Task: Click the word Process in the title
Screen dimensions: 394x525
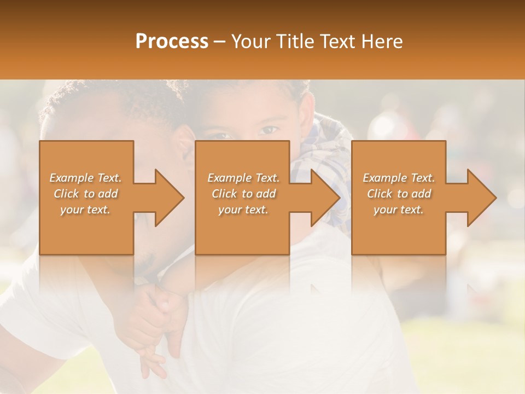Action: [172, 42]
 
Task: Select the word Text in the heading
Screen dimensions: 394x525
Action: [337, 42]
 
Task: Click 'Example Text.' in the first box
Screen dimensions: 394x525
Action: [85, 178]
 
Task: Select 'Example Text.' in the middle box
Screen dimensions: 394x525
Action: [243, 178]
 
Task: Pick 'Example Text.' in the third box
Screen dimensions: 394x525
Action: [399, 178]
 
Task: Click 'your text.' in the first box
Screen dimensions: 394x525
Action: [85, 210]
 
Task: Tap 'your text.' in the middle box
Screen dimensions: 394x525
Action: [243, 210]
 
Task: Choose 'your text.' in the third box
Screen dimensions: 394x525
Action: [399, 210]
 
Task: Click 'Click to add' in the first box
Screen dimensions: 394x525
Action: [85, 194]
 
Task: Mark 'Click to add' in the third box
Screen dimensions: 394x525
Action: [399, 194]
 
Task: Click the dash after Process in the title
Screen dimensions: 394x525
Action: [220, 42]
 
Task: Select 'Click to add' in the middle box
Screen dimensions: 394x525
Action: [243, 194]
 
